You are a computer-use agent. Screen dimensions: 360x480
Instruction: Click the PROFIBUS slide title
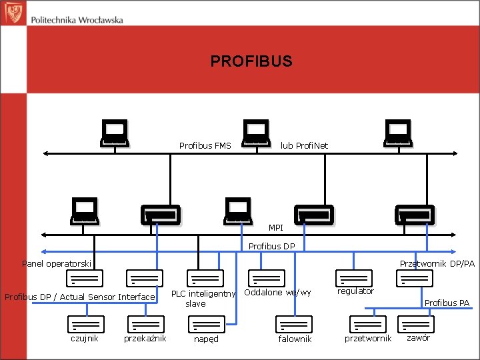click(x=251, y=61)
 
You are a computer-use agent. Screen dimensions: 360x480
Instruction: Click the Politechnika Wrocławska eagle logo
click(x=14, y=12)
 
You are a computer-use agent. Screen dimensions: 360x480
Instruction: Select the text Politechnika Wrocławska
click(x=77, y=20)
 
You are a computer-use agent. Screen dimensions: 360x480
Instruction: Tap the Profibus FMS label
click(x=205, y=145)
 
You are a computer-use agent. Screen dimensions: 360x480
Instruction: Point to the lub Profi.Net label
click(x=304, y=145)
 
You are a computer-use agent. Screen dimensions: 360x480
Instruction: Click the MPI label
click(x=276, y=228)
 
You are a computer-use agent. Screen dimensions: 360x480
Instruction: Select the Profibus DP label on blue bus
click(x=271, y=247)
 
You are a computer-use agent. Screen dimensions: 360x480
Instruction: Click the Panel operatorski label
click(x=57, y=264)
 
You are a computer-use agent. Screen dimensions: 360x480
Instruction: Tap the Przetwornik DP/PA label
click(x=437, y=264)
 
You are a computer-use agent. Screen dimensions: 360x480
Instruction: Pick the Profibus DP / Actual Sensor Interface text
click(x=80, y=297)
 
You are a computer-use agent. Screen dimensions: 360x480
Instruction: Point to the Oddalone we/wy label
click(x=278, y=293)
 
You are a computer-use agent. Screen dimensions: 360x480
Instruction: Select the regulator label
click(x=355, y=291)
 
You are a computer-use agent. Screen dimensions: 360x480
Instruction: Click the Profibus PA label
click(x=447, y=303)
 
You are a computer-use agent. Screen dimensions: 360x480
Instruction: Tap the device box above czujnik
click(x=85, y=323)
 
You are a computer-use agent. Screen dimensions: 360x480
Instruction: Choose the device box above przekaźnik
click(x=145, y=323)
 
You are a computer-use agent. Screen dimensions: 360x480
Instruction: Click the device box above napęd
click(x=205, y=323)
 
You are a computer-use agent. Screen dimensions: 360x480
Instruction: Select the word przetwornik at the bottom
click(x=368, y=339)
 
